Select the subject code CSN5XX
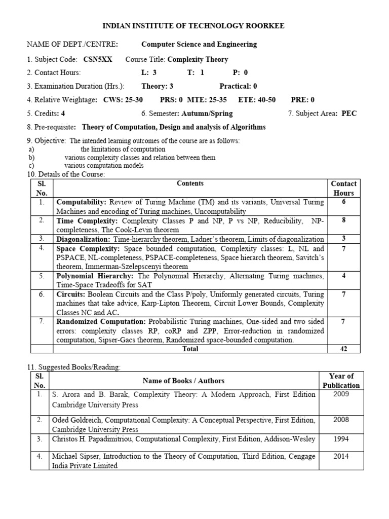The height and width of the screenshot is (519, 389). coord(96,59)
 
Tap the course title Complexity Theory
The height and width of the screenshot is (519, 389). coord(198,59)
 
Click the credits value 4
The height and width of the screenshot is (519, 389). coord(63,114)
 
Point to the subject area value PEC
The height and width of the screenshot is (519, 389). coord(349,114)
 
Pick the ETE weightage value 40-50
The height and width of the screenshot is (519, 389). coord(263,100)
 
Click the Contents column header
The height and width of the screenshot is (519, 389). coord(190,183)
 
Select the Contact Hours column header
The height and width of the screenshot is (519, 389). coord(343,188)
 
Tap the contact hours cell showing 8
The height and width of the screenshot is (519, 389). coord(343,220)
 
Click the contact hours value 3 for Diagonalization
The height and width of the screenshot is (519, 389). coord(343,239)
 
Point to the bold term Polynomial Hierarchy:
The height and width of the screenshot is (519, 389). coord(95,276)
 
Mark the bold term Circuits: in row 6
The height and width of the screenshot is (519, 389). coord(71,294)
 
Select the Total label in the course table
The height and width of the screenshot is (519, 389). coord(190,349)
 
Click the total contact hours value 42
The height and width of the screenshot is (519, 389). coord(343,349)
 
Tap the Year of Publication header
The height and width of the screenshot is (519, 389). coord(341,381)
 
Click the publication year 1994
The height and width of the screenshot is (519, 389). coord(341,439)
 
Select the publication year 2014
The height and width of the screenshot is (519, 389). coord(341,456)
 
